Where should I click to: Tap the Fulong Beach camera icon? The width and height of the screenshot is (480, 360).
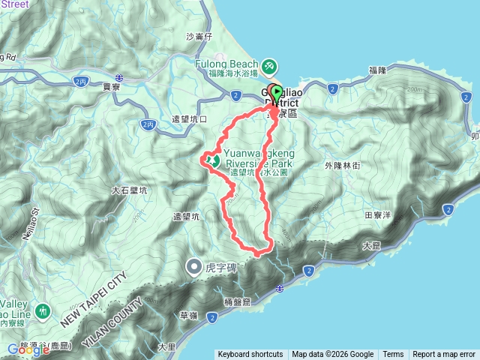tap(268, 64)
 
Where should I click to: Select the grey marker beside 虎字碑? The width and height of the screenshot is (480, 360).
tap(194, 265)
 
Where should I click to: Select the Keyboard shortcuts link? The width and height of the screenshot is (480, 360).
tap(250, 355)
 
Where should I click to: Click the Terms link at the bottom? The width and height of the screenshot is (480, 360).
tap(393, 355)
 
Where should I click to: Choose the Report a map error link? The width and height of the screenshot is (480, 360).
tap(444, 355)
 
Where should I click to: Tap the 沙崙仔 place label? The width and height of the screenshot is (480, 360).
tap(199, 36)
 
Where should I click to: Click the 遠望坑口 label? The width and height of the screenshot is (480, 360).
tap(189, 118)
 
